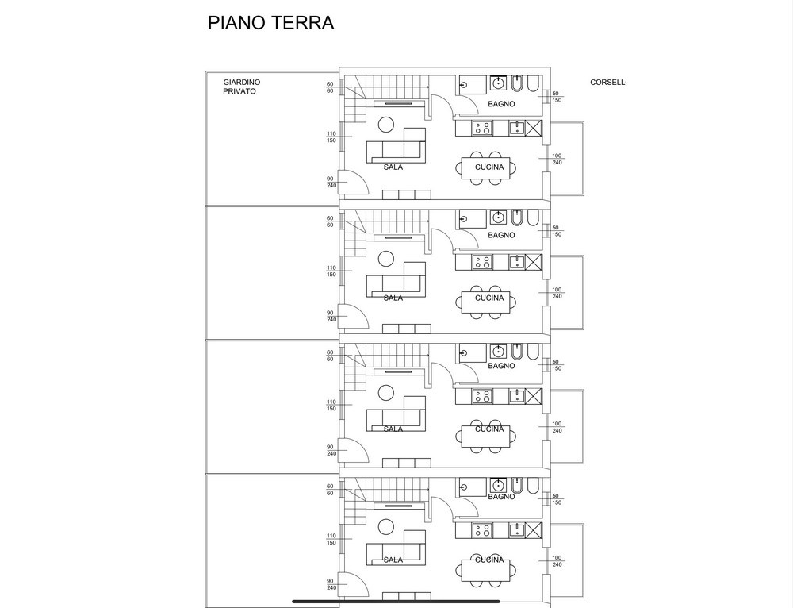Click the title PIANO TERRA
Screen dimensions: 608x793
point(270,23)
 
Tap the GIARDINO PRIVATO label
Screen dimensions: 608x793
point(241,87)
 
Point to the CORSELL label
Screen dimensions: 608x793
point(607,83)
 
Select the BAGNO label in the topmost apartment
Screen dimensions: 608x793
point(501,104)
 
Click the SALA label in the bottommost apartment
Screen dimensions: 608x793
point(393,560)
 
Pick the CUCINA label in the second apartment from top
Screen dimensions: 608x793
point(489,298)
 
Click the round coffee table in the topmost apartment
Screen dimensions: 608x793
point(386,125)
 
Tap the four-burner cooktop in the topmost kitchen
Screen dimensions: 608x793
point(482,127)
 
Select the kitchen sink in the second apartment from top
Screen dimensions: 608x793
point(515,261)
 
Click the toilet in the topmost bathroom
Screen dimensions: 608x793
point(534,84)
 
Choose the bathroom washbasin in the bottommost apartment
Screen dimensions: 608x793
point(499,486)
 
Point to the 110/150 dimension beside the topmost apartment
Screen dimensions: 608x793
point(331,137)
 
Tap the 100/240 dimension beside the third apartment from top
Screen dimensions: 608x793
point(557,426)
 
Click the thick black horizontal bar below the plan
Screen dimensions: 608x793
point(396,602)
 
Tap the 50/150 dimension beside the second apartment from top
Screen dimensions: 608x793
point(556,231)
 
